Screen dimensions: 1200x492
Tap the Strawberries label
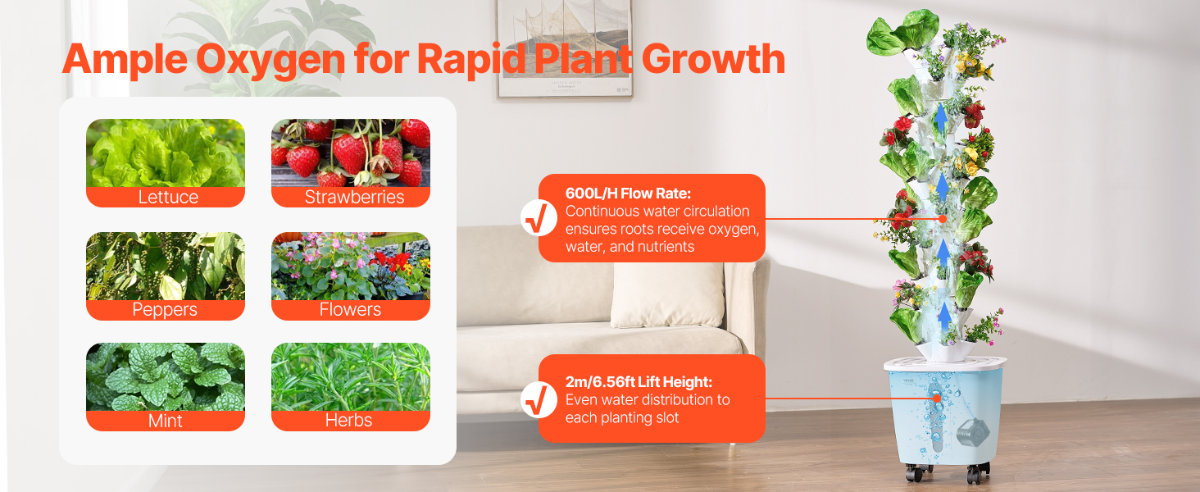click(x=354, y=198)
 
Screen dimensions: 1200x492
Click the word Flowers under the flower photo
click(x=350, y=310)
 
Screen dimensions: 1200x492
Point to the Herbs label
click(x=348, y=420)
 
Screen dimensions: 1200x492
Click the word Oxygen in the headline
click(x=270, y=60)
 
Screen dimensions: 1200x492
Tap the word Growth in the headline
click(x=713, y=59)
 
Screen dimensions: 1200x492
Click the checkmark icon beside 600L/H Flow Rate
click(x=539, y=218)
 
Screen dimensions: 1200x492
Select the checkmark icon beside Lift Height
click(x=539, y=400)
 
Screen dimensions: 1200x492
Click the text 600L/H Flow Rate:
click(x=628, y=194)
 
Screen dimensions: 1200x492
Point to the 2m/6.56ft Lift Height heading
click(x=639, y=381)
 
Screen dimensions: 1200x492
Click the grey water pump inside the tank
click(x=973, y=434)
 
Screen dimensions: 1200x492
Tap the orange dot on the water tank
click(x=936, y=399)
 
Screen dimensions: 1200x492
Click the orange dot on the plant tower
click(x=943, y=219)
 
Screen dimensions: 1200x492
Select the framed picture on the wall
click(x=565, y=48)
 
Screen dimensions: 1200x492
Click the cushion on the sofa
click(x=667, y=294)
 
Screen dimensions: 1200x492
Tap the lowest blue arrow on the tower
click(x=944, y=317)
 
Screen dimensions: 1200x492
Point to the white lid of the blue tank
click(x=945, y=364)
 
